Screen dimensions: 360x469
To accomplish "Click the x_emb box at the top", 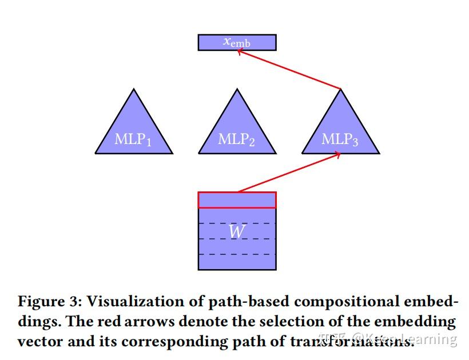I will [x=237, y=42].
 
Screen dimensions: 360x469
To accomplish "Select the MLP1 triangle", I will [x=134, y=134].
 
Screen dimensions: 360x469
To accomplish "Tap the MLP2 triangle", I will [x=237, y=134].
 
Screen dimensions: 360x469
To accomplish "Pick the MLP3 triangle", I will [x=340, y=134].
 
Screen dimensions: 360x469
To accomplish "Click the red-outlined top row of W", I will [x=237, y=200].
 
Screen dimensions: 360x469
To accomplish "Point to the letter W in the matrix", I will [x=237, y=232].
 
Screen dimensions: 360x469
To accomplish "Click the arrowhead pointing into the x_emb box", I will [x=239, y=52].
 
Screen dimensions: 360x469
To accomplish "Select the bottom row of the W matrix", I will [x=237, y=262].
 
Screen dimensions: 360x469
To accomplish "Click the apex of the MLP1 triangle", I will [x=134, y=90].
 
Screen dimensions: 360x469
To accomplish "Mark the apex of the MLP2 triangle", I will [x=237, y=90].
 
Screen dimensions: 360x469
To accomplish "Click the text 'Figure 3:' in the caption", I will [x=50, y=302].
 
